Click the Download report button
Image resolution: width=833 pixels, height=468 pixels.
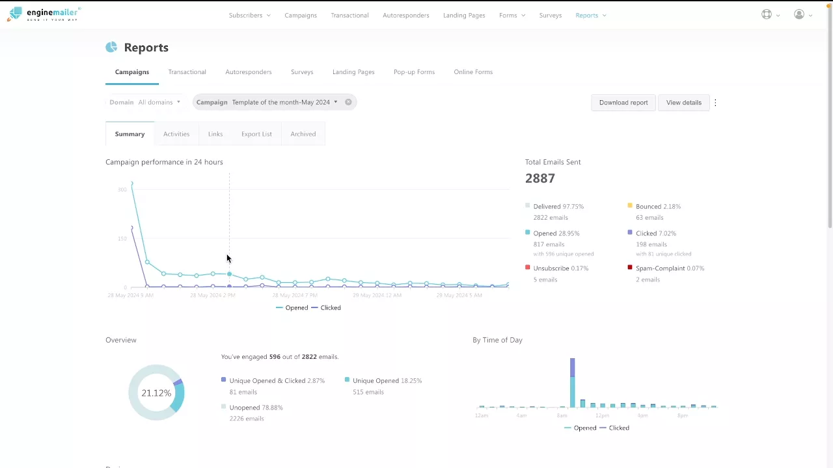[623, 103]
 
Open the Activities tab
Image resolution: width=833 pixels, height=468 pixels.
[176, 134]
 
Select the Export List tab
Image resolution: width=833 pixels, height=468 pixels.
[256, 134]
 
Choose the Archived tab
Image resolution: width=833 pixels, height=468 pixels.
[303, 134]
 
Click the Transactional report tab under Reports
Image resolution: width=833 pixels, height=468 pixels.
[187, 72]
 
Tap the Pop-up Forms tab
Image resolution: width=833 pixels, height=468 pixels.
[414, 72]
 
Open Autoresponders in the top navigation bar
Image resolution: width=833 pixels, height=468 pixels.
[405, 16]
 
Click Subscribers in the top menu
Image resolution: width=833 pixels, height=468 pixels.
[246, 16]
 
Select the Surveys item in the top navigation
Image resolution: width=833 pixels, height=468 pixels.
[550, 16]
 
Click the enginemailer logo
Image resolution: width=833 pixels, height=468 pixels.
[44, 14]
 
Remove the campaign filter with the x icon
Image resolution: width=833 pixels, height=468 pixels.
[348, 102]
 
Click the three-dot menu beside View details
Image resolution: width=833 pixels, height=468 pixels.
[715, 103]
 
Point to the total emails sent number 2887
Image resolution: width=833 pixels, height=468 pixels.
[540, 178]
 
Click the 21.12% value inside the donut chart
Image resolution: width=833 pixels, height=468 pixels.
[156, 393]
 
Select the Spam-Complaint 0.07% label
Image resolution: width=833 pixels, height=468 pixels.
[669, 268]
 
